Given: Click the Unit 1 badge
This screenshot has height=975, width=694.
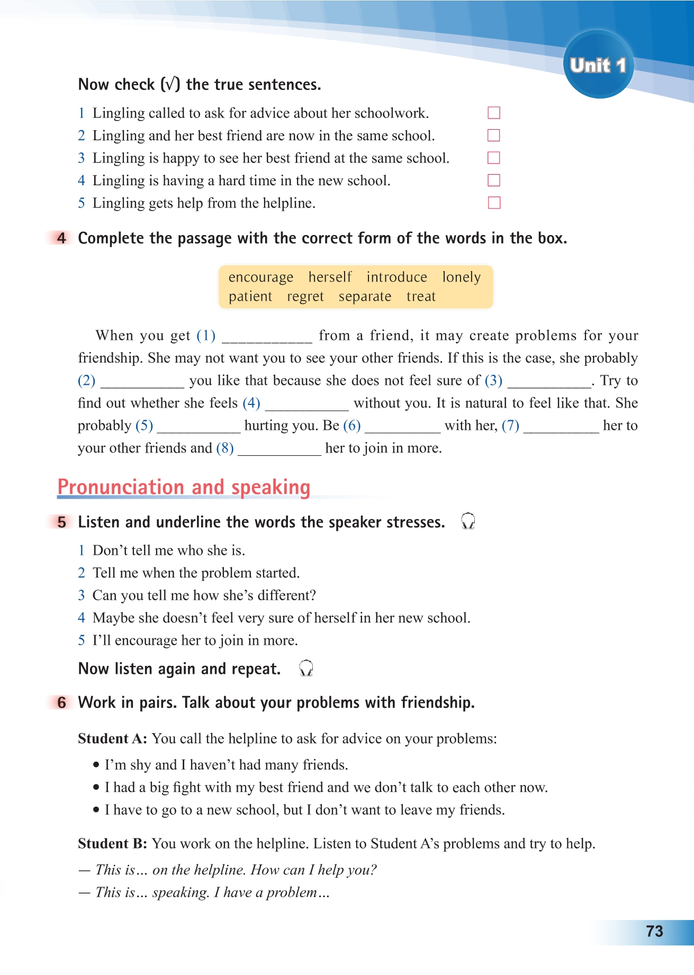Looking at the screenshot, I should click(598, 65).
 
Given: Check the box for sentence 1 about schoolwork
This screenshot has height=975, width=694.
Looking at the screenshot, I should click(493, 113).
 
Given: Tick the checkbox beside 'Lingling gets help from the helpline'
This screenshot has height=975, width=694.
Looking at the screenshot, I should click(493, 203).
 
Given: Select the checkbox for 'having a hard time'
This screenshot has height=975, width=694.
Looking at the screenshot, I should click(493, 180).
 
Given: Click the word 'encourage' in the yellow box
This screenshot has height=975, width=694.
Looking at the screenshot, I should click(260, 277).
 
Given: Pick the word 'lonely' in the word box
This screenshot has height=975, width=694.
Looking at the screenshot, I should click(461, 277).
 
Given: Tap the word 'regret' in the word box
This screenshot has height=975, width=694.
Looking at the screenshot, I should click(305, 297).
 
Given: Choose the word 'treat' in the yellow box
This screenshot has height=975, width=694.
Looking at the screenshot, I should click(421, 297).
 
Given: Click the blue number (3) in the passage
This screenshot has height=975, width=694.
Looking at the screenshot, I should click(493, 381).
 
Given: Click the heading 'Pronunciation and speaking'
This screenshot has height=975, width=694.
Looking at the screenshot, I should click(184, 487).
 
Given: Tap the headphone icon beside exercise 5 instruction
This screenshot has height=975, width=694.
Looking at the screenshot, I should click(468, 521).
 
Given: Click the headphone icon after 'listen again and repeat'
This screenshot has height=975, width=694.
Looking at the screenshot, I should click(306, 669).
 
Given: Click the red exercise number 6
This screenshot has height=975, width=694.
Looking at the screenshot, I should click(62, 703).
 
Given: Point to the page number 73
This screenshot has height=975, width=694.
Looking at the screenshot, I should click(654, 932).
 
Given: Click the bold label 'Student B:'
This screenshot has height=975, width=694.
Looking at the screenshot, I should click(112, 844).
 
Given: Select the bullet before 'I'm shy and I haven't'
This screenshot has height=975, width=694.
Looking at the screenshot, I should click(96, 765).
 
